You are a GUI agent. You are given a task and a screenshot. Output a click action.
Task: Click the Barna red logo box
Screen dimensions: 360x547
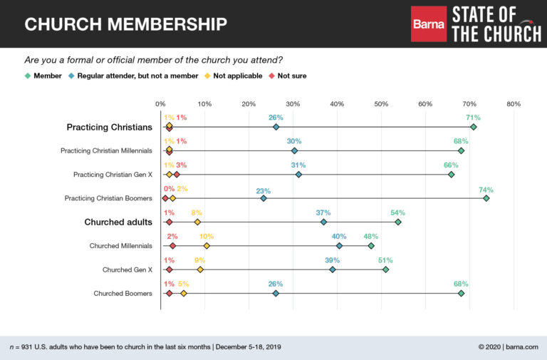click(x=429, y=24)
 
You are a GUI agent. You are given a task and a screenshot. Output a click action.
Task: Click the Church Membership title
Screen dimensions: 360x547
click(x=126, y=24)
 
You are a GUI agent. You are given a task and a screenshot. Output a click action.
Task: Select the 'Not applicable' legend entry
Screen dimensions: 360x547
click(x=239, y=76)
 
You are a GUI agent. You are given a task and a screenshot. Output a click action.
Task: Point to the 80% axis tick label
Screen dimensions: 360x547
click(x=513, y=104)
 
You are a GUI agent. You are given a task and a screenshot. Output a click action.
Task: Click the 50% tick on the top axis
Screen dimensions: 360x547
click(x=381, y=104)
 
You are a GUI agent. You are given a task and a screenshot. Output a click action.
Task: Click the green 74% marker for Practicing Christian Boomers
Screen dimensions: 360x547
click(x=486, y=198)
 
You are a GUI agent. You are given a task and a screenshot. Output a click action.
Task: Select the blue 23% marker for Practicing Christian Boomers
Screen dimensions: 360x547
click(x=264, y=198)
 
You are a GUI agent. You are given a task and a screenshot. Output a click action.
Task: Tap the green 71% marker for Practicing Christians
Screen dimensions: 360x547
click(x=474, y=127)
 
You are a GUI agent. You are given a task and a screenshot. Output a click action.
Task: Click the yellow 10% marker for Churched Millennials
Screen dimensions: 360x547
click(x=207, y=246)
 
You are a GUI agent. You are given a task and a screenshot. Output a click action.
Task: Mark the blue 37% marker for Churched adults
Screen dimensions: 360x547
click(x=324, y=222)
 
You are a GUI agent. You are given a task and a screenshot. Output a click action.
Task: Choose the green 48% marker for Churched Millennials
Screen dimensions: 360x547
click(x=371, y=246)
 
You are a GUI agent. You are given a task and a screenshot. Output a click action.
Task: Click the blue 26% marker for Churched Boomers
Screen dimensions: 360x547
click(x=276, y=293)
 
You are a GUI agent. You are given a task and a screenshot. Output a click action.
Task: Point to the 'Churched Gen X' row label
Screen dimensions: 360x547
click(x=127, y=269)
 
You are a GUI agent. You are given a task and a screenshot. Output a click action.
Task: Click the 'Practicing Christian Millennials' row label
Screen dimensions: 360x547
click(x=106, y=150)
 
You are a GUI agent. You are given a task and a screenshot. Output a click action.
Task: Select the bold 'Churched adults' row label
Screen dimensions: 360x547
click(x=118, y=222)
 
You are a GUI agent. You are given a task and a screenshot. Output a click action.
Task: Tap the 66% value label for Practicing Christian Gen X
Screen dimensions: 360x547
click(x=451, y=165)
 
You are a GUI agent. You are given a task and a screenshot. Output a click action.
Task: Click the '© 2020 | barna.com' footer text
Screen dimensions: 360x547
click(x=509, y=346)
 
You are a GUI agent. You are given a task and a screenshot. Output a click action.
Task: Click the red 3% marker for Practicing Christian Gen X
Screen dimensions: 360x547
click(x=177, y=175)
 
